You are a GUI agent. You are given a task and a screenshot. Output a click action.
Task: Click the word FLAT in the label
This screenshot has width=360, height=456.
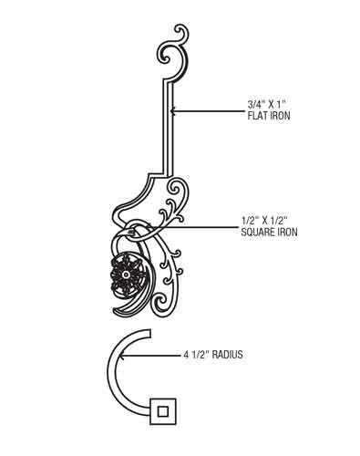(x=257, y=116)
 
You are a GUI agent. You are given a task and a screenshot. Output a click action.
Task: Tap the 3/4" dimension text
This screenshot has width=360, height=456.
(x=255, y=105)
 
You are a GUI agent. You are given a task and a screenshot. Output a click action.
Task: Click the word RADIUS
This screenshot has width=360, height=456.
(x=227, y=355)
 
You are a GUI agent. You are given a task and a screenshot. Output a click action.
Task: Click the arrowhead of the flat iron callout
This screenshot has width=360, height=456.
(x=172, y=111)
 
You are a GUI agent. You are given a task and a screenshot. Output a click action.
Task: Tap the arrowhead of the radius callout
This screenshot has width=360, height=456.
(x=122, y=355)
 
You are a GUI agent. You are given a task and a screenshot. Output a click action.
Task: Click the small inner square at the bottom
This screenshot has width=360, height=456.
(x=163, y=411)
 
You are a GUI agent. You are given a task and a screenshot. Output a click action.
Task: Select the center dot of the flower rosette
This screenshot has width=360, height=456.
(x=126, y=275)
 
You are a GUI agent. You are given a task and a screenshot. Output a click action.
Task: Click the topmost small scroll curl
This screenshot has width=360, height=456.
(x=181, y=33)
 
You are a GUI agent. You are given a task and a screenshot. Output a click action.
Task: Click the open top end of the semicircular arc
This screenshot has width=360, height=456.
(x=149, y=333)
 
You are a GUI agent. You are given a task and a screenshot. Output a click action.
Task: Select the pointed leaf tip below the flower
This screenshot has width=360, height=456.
(x=116, y=311)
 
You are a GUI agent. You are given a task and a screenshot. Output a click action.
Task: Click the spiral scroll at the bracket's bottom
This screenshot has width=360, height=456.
(x=162, y=304)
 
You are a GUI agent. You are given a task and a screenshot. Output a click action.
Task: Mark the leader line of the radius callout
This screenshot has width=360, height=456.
(x=151, y=355)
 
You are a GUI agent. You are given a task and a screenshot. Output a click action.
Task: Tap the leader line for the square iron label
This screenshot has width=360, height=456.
(x=199, y=227)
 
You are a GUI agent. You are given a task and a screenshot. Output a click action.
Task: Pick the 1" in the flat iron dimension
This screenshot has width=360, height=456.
(x=281, y=105)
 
